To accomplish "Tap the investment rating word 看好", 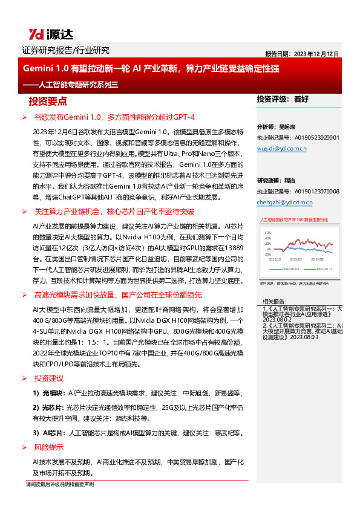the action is (x=301, y=99).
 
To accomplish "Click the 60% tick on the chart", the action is (x=268, y=232).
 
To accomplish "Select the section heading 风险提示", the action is (x=49, y=447).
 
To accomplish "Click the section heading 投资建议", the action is (x=49, y=378).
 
